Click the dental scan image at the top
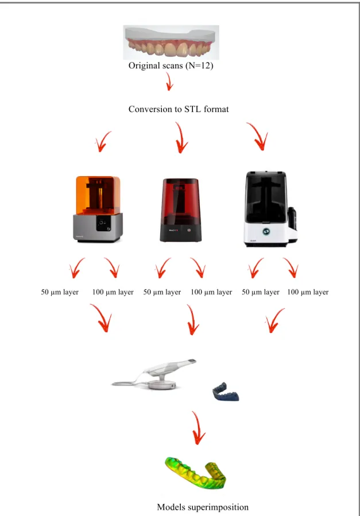click(x=171, y=42)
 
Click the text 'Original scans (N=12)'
click(x=171, y=65)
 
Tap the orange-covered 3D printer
click(x=98, y=209)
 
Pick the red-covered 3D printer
click(x=181, y=210)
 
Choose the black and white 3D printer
click(x=270, y=208)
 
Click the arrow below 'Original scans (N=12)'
click(x=169, y=82)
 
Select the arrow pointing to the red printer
click(x=181, y=138)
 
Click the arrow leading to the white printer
click(x=258, y=136)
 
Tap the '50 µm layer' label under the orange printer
click(x=60, y=292)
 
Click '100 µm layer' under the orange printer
click(x=113, y=292)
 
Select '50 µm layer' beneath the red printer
click(x=162, y=292)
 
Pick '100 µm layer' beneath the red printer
click(x=211, y=292)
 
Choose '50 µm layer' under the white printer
click(x=261, y=292)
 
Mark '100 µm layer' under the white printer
click(x=308, y=292)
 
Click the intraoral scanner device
click(x=154, y=374)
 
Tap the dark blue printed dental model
click(x=226, y=391)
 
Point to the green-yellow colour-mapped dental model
click(x=195, y=472)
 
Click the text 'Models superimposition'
click(x=203, y=507)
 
